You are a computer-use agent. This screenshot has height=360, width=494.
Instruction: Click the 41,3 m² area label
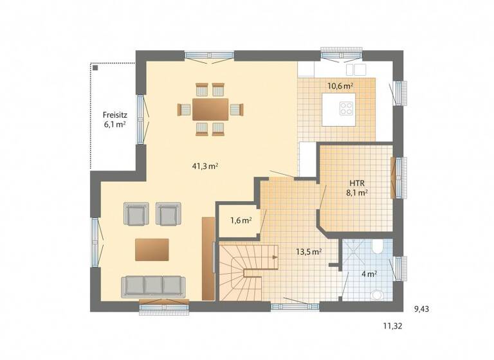pos(205,166)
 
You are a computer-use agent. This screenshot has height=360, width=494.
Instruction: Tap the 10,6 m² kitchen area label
pos(340,85)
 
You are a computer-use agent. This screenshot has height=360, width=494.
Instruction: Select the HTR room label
pos(358,182)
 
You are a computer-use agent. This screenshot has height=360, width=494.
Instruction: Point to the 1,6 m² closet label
pos(240,221)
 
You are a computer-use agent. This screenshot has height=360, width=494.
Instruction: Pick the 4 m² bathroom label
pos(369,274)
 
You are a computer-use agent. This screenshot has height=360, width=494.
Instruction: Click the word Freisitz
pos(114,115)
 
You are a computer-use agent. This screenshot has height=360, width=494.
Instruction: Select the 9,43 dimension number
pos(422,309)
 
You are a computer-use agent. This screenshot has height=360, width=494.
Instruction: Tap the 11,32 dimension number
pos(393,326)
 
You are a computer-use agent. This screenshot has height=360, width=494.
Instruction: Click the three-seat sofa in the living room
pos(153,285)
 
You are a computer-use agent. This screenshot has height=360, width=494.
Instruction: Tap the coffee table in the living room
pos(152,249)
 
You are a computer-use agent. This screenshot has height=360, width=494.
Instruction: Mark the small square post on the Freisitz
pos(94,66)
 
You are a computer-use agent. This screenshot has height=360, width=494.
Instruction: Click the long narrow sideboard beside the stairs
pos(208,258)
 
